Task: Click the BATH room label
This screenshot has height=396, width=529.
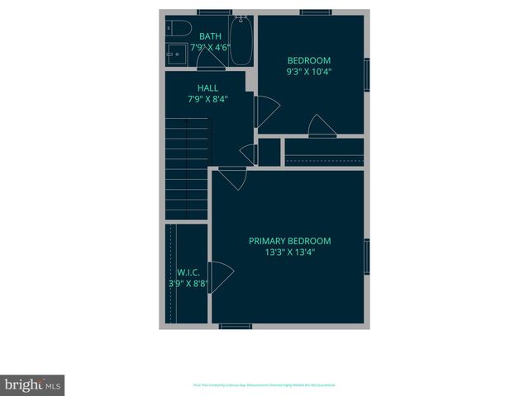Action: click(x=210, y=35)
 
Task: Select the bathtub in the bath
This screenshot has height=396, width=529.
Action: click(x=241, y=40)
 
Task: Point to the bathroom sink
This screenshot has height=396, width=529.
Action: click(x=174, y=56)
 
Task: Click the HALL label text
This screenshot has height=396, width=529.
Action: click(x=207, y=87)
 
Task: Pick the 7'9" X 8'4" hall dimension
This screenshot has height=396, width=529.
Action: click(x=207, y=99)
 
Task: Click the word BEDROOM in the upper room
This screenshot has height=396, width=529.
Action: click(x=309, y=60)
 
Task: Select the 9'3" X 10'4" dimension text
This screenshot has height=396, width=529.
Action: click(x=309, y=72)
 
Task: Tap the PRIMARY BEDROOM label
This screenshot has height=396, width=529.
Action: click(x=289, y=241)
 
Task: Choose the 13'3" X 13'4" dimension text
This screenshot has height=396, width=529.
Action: click(x=289, y=252)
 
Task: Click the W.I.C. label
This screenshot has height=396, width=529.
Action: click(x=188, y=272)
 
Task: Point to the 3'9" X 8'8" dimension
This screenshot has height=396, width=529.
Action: click(x=188, y=284)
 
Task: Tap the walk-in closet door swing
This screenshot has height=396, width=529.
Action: click(x=221, y=276)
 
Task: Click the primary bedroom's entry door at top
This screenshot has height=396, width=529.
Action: click(x=231, y=178)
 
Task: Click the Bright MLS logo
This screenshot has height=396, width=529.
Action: click(x=32, y=384)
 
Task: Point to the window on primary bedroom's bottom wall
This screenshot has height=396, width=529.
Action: click(x=236, y=327)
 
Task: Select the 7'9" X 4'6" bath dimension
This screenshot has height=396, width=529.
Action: click(x=210, y=48)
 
